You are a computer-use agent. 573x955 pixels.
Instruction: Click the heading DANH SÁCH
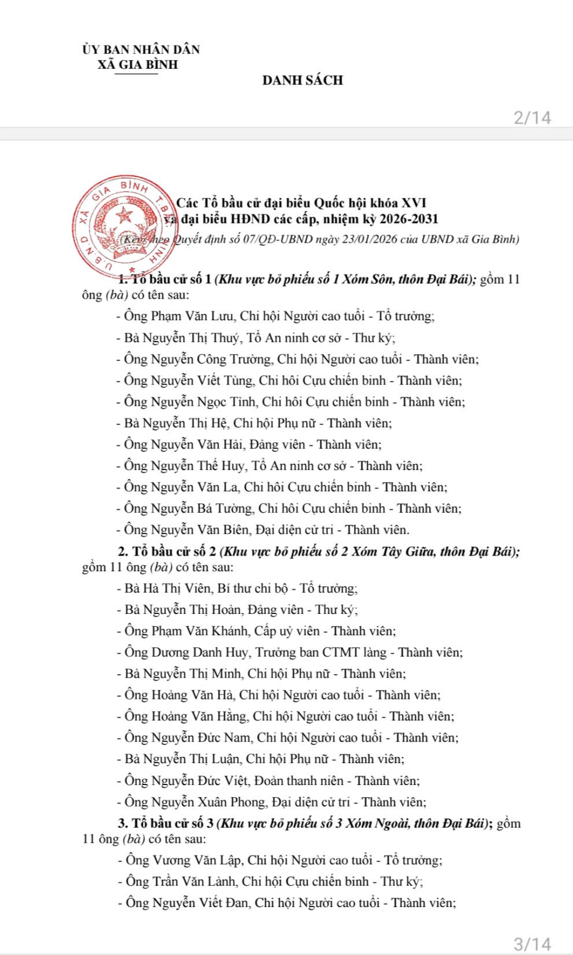(302, 80)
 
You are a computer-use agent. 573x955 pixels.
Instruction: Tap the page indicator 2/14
(532, 118)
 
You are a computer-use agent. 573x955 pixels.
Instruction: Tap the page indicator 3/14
(532, 943)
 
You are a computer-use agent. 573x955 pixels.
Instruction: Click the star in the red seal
(124, 217)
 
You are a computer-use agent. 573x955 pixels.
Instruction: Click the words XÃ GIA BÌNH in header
(138, 65)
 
